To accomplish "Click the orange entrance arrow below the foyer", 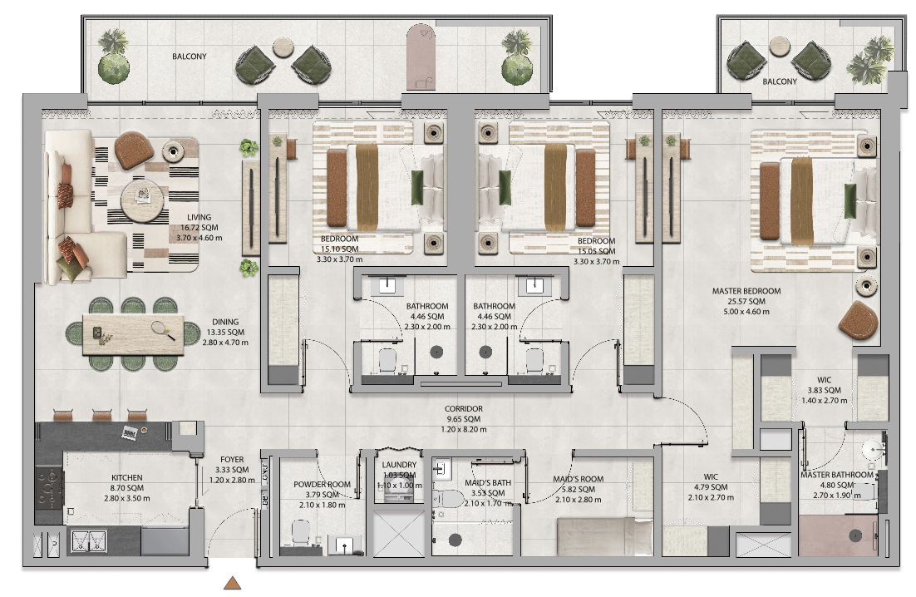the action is point(233,583).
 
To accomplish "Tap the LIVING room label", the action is point(199,217).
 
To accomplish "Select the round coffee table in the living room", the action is point(142,200).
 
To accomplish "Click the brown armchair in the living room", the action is point(134,150).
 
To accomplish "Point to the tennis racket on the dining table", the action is point(162,330).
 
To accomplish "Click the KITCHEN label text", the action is point(127,478).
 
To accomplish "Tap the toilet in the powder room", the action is point(300,532).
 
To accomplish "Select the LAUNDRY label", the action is point(399,465).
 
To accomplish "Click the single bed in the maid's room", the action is point(604,537).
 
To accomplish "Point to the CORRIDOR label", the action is point(463,409).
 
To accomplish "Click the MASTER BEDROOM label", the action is point(746,291).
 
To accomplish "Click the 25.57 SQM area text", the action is point(746,302).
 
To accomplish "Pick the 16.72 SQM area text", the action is point(199,228).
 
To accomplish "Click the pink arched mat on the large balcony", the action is point(421,57).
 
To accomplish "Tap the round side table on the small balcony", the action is point(780,47).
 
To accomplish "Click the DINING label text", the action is point(225,322).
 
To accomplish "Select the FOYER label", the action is point(232,460).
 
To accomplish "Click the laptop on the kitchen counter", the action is point(130,432).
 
